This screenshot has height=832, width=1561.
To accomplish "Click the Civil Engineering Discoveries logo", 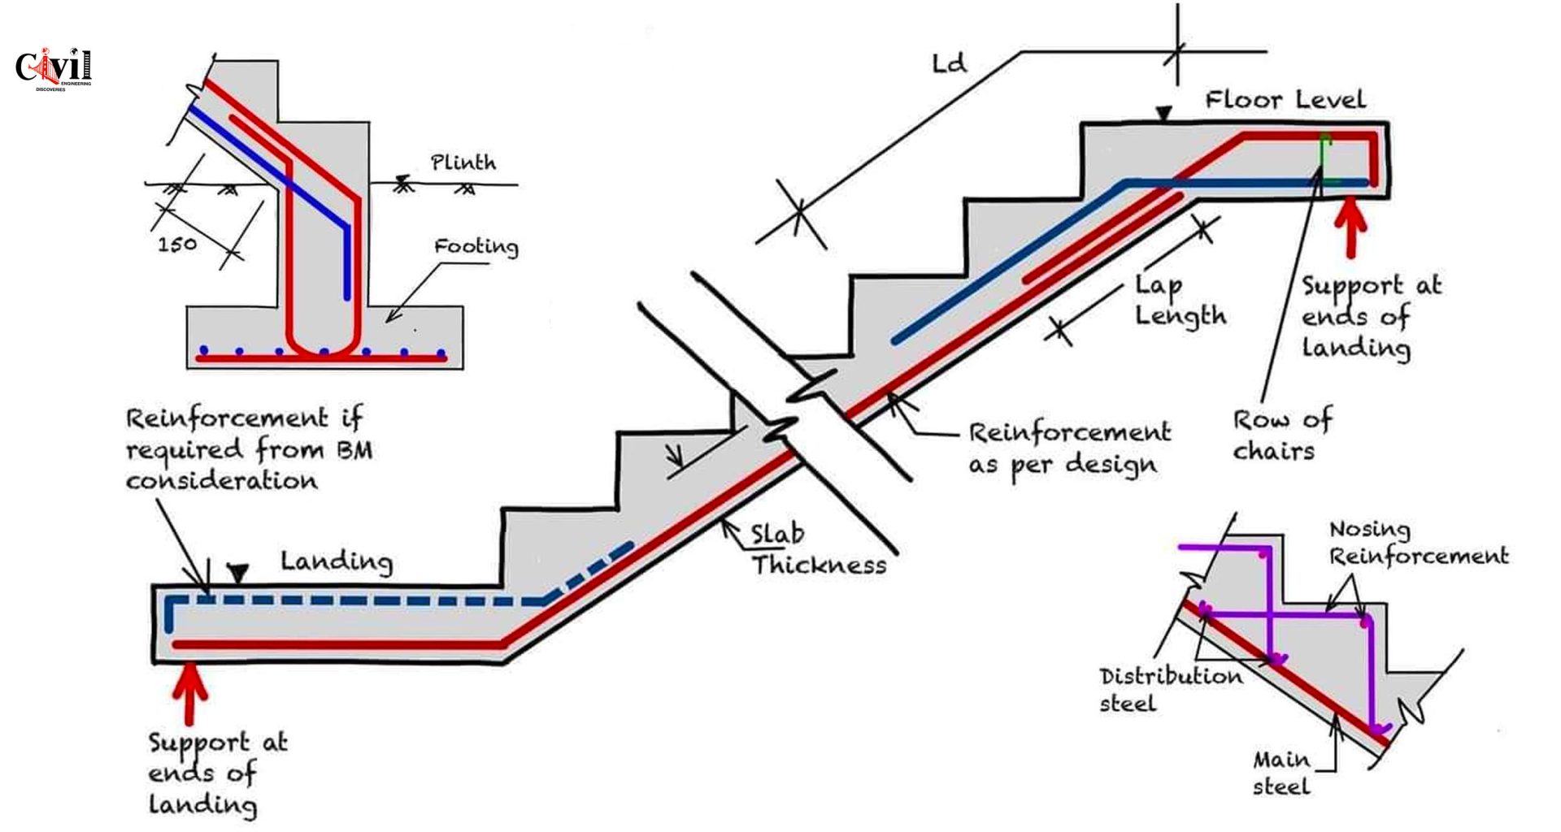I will tap(54, 67).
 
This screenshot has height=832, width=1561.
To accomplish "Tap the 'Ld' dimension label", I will tap(950, 63).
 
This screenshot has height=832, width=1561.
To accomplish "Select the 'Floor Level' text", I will tap(1285, 100).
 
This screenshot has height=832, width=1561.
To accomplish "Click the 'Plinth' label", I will tap(463, 162).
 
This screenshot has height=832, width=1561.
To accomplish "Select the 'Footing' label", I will tap(476, 246).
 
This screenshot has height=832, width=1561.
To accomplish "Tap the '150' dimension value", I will tap(177, 243).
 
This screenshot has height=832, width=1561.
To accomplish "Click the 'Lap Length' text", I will tap(1179, 301).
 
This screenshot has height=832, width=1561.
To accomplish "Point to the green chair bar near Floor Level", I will tap(1325, 158).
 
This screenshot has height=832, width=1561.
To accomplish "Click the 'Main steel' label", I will tap(1281, 773).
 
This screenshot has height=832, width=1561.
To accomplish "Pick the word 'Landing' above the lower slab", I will tap(337, 561).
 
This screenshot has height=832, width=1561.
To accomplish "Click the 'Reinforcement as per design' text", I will tap(1068, 448).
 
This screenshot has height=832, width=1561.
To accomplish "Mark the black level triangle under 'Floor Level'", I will tap(1164, 115).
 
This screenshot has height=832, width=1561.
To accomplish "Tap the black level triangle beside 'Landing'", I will tap(237, 574).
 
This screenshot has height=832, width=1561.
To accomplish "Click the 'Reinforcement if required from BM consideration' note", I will tap(248, 449).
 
